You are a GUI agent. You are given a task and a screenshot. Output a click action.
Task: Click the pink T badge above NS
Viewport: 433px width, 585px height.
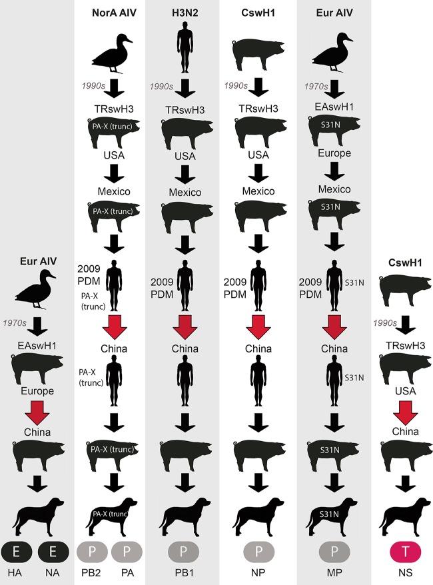tap(406, 552)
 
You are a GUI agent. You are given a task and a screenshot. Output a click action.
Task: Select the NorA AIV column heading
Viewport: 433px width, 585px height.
tap(114, 13)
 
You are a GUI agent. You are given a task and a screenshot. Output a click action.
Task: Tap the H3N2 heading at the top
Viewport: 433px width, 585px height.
tap(185, 13)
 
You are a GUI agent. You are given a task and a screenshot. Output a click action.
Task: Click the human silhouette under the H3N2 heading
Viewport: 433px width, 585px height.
tap(185, 47)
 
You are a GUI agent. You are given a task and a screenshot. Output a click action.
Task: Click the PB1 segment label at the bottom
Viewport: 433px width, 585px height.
tap(185, 572)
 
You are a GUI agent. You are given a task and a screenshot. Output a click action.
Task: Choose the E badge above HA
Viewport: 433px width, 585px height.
tap(16, 552)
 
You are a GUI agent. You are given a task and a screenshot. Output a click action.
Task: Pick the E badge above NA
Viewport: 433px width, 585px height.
tap(53, 552)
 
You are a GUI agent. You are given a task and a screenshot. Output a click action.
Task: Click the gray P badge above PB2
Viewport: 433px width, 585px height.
tap(92, 552)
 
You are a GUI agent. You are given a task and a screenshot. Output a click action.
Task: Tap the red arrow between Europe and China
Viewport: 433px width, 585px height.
tap(37, 412)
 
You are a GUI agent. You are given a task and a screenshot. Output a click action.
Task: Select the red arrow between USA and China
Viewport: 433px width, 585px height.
tap(406, 412)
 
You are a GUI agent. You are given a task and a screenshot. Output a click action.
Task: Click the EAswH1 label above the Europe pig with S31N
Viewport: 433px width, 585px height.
tap(334, 107)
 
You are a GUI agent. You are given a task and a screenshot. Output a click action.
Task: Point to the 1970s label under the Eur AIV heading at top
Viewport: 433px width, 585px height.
tap(316, 87)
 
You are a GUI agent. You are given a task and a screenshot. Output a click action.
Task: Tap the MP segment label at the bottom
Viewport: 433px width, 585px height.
tap(334, 572)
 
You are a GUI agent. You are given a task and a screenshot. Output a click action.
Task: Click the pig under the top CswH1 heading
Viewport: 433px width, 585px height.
tap(258, 53)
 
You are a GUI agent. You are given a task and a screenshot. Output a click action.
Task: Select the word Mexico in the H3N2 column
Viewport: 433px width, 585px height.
tap(185, 193)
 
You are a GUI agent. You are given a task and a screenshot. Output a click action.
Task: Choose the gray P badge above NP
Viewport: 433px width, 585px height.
tap(259, 552)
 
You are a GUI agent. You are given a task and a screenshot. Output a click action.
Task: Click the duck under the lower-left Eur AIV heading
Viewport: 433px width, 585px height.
tap(35, 290)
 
